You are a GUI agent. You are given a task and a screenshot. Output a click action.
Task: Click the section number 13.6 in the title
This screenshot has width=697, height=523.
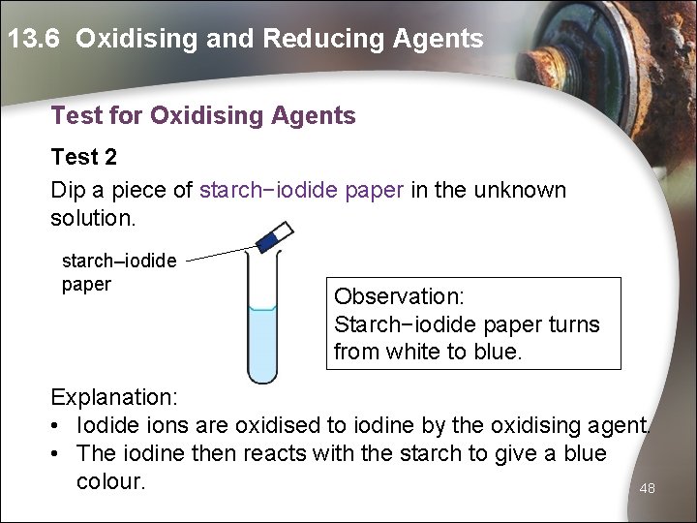point(36,39)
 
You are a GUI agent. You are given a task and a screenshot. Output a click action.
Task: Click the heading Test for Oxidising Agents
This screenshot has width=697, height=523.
point(203,116)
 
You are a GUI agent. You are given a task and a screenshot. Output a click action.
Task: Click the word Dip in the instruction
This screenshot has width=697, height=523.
point(70,190)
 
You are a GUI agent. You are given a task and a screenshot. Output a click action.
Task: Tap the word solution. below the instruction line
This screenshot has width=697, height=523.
point(94,219)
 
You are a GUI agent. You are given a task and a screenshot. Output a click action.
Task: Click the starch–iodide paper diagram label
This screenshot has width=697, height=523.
point(118,272)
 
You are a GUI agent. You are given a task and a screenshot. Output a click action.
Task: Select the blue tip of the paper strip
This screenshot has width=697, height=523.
point(266,242)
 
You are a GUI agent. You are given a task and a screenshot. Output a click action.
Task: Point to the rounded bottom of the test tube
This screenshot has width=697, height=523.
point(262,378)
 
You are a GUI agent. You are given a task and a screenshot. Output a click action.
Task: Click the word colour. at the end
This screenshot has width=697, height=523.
point(110,481)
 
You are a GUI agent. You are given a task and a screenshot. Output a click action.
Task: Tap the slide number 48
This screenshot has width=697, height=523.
point(648,489)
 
